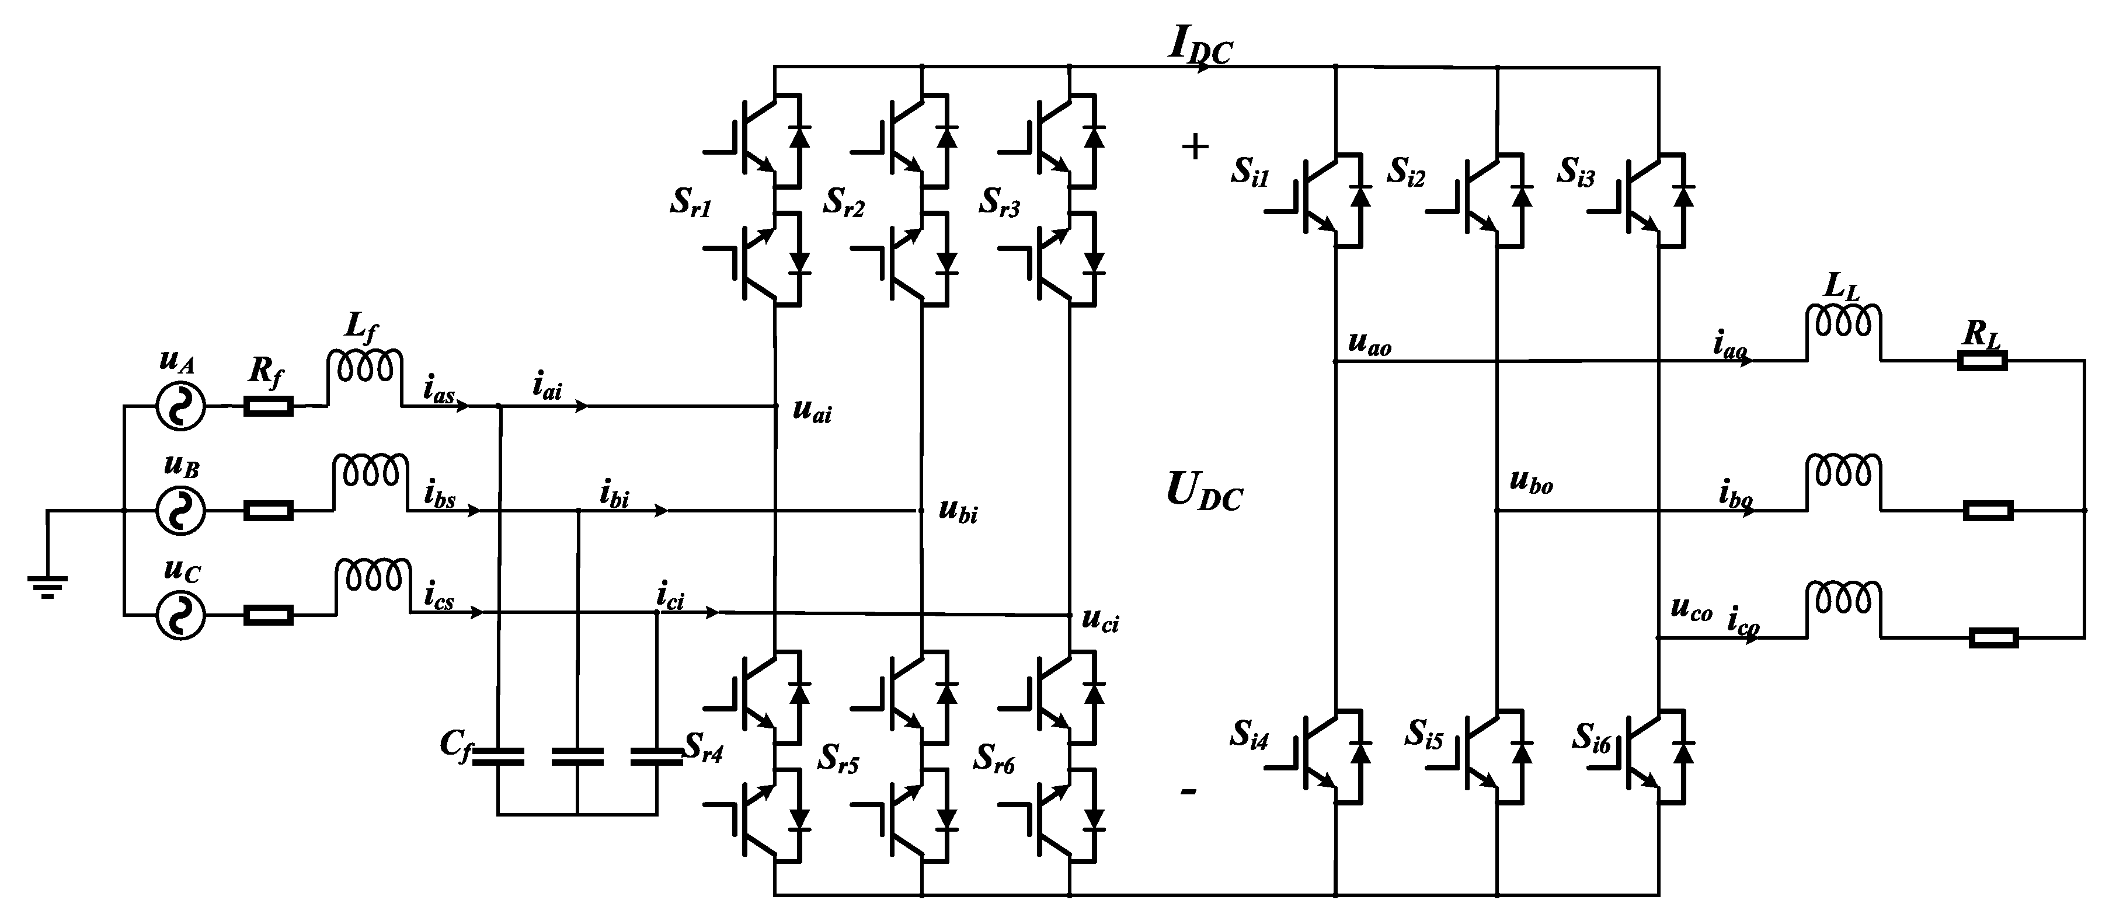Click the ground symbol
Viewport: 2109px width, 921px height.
[x=47, y=585]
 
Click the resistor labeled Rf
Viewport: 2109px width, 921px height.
[x=268, y=405]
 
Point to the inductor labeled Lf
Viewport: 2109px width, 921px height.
[x=364, y=367]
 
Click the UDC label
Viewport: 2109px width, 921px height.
[x=1203, y=492]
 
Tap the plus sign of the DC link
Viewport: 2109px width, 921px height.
[x=1195, y=147]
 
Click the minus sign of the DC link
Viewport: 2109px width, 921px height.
[x=1189, y=791]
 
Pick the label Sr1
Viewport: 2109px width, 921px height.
[x=690, y=201]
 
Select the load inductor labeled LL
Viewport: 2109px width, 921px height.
[x=1843, y=323]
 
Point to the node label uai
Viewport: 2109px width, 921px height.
[x=812, y=411]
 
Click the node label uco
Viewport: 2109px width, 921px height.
[x=1690, y=609]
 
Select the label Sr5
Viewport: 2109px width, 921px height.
[x=837, y=760]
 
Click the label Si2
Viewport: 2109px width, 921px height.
[x=1406, y=173]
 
